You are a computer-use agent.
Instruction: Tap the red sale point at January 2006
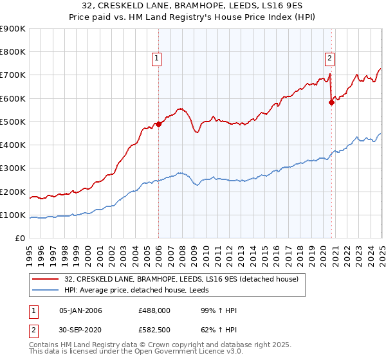coord(158,124)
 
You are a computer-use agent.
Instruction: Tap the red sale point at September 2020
coord(331,102)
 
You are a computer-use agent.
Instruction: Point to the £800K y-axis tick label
coord(13,52)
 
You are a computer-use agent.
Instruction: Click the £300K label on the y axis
coord(13,168)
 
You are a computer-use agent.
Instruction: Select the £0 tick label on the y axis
coord(19,239)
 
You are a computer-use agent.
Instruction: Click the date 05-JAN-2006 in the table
coord(80,310)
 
